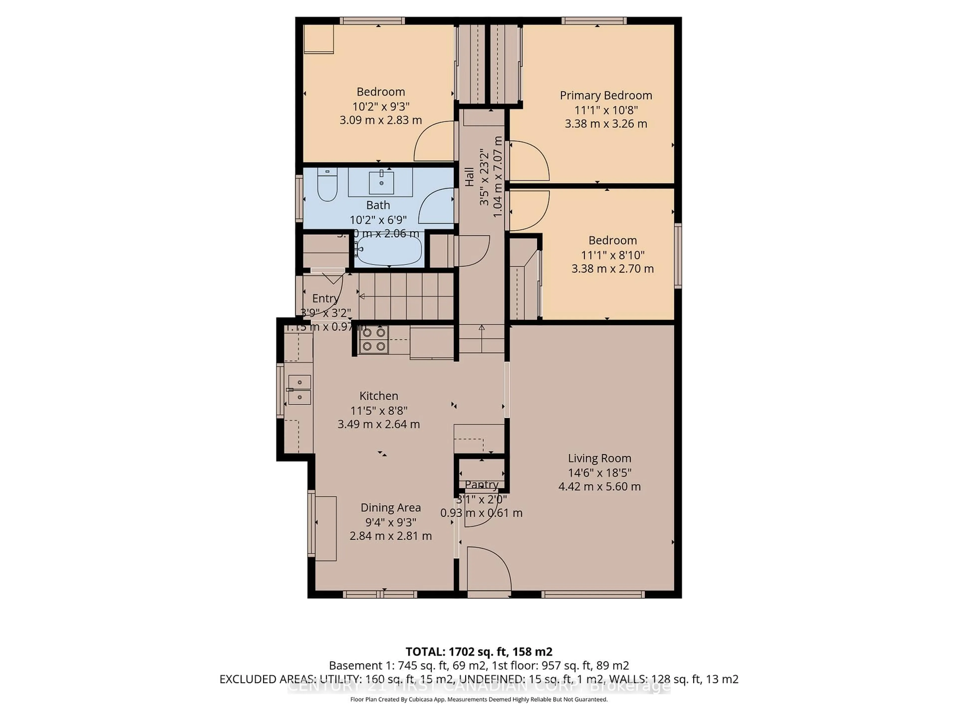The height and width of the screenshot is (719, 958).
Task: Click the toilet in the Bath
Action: [327, 185]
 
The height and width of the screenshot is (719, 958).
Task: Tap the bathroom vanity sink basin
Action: [381, 182]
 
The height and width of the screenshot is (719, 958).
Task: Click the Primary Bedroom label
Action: [605, 95]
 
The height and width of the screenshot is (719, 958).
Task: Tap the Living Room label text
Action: [599, 458]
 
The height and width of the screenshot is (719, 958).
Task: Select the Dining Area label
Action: [390, 508]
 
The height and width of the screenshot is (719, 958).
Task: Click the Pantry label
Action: [481, 485]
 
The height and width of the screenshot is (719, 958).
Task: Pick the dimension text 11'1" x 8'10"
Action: [612, 255]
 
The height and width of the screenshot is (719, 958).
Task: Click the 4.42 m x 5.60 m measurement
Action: [599, 486]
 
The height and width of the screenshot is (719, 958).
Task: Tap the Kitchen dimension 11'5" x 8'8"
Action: [378, 410]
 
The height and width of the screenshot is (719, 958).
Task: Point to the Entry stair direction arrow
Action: [362, 296]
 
